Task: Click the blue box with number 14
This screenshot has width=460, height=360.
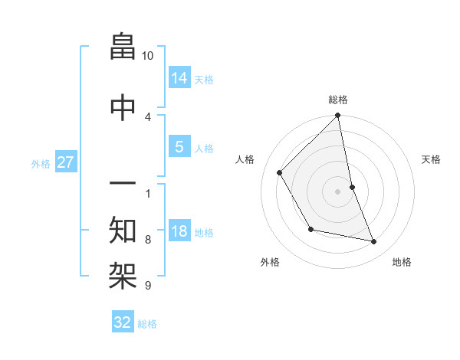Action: point(179,77)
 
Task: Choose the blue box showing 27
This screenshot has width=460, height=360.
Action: point(65,162)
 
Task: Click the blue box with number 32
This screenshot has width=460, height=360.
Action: point(123,322)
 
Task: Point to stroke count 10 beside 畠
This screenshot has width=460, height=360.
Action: point(148,56)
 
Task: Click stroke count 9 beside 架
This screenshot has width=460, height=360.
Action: point(147,286)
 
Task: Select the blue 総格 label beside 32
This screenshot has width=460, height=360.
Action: point(147,324)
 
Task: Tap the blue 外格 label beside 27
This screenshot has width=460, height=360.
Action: point(41,163)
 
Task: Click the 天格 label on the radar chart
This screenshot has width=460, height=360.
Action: point(431,159)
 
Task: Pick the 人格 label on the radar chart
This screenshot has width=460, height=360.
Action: point(245,159)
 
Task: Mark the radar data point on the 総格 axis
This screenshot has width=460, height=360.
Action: point(338,116)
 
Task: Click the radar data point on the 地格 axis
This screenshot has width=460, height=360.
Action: point(374,242)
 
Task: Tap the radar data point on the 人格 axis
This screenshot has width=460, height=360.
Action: point(280,172)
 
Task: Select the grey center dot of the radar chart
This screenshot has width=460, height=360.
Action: point(338,191)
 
